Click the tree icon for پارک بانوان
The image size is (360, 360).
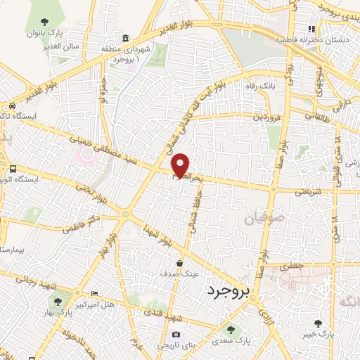tap(46, 22)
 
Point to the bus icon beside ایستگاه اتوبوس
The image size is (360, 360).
tap(13, 169)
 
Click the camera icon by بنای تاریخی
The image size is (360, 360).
tap(176, 334)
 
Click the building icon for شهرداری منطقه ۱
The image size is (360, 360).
tap(125, 37)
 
